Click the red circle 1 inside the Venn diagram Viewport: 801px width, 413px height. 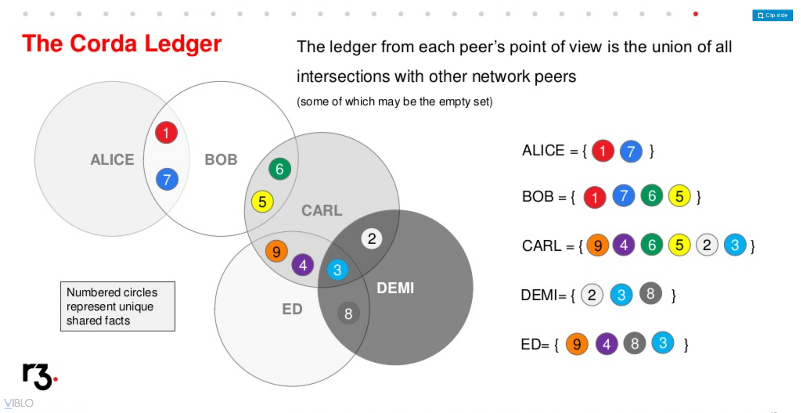[x=166, y=132]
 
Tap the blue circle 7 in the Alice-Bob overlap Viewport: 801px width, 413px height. [x=167, y=180]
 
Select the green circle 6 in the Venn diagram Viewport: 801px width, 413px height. [x=280, y=169]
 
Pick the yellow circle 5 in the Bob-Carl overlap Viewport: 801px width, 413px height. [x=262, y=201]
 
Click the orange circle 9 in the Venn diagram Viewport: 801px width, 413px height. [x=276, y=251]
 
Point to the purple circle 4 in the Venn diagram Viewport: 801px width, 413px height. [x=303, y=265]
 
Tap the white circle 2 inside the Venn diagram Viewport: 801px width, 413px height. [x=372, y=238]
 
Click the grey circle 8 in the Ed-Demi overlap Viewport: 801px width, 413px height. [x=349, y=314]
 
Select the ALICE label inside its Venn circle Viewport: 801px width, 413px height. [x=112, y=160]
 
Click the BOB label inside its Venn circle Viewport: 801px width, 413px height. [x=221, y=160]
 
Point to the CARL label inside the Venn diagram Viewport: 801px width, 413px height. [x=322, y=211]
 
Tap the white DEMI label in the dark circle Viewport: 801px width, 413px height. [x=396, y=288]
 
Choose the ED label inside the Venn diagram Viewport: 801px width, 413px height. [x=292, y=309]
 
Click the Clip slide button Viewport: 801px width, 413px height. [x=772, y=16]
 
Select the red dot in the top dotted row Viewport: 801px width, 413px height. [x=696, y=14]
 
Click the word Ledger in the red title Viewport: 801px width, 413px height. [x=183, y=44]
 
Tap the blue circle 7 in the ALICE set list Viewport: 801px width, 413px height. [x=631, y=151]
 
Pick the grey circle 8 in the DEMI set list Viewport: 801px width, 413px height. [x=651, y=293]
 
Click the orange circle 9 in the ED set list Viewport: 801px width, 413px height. [x=577, y=344]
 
